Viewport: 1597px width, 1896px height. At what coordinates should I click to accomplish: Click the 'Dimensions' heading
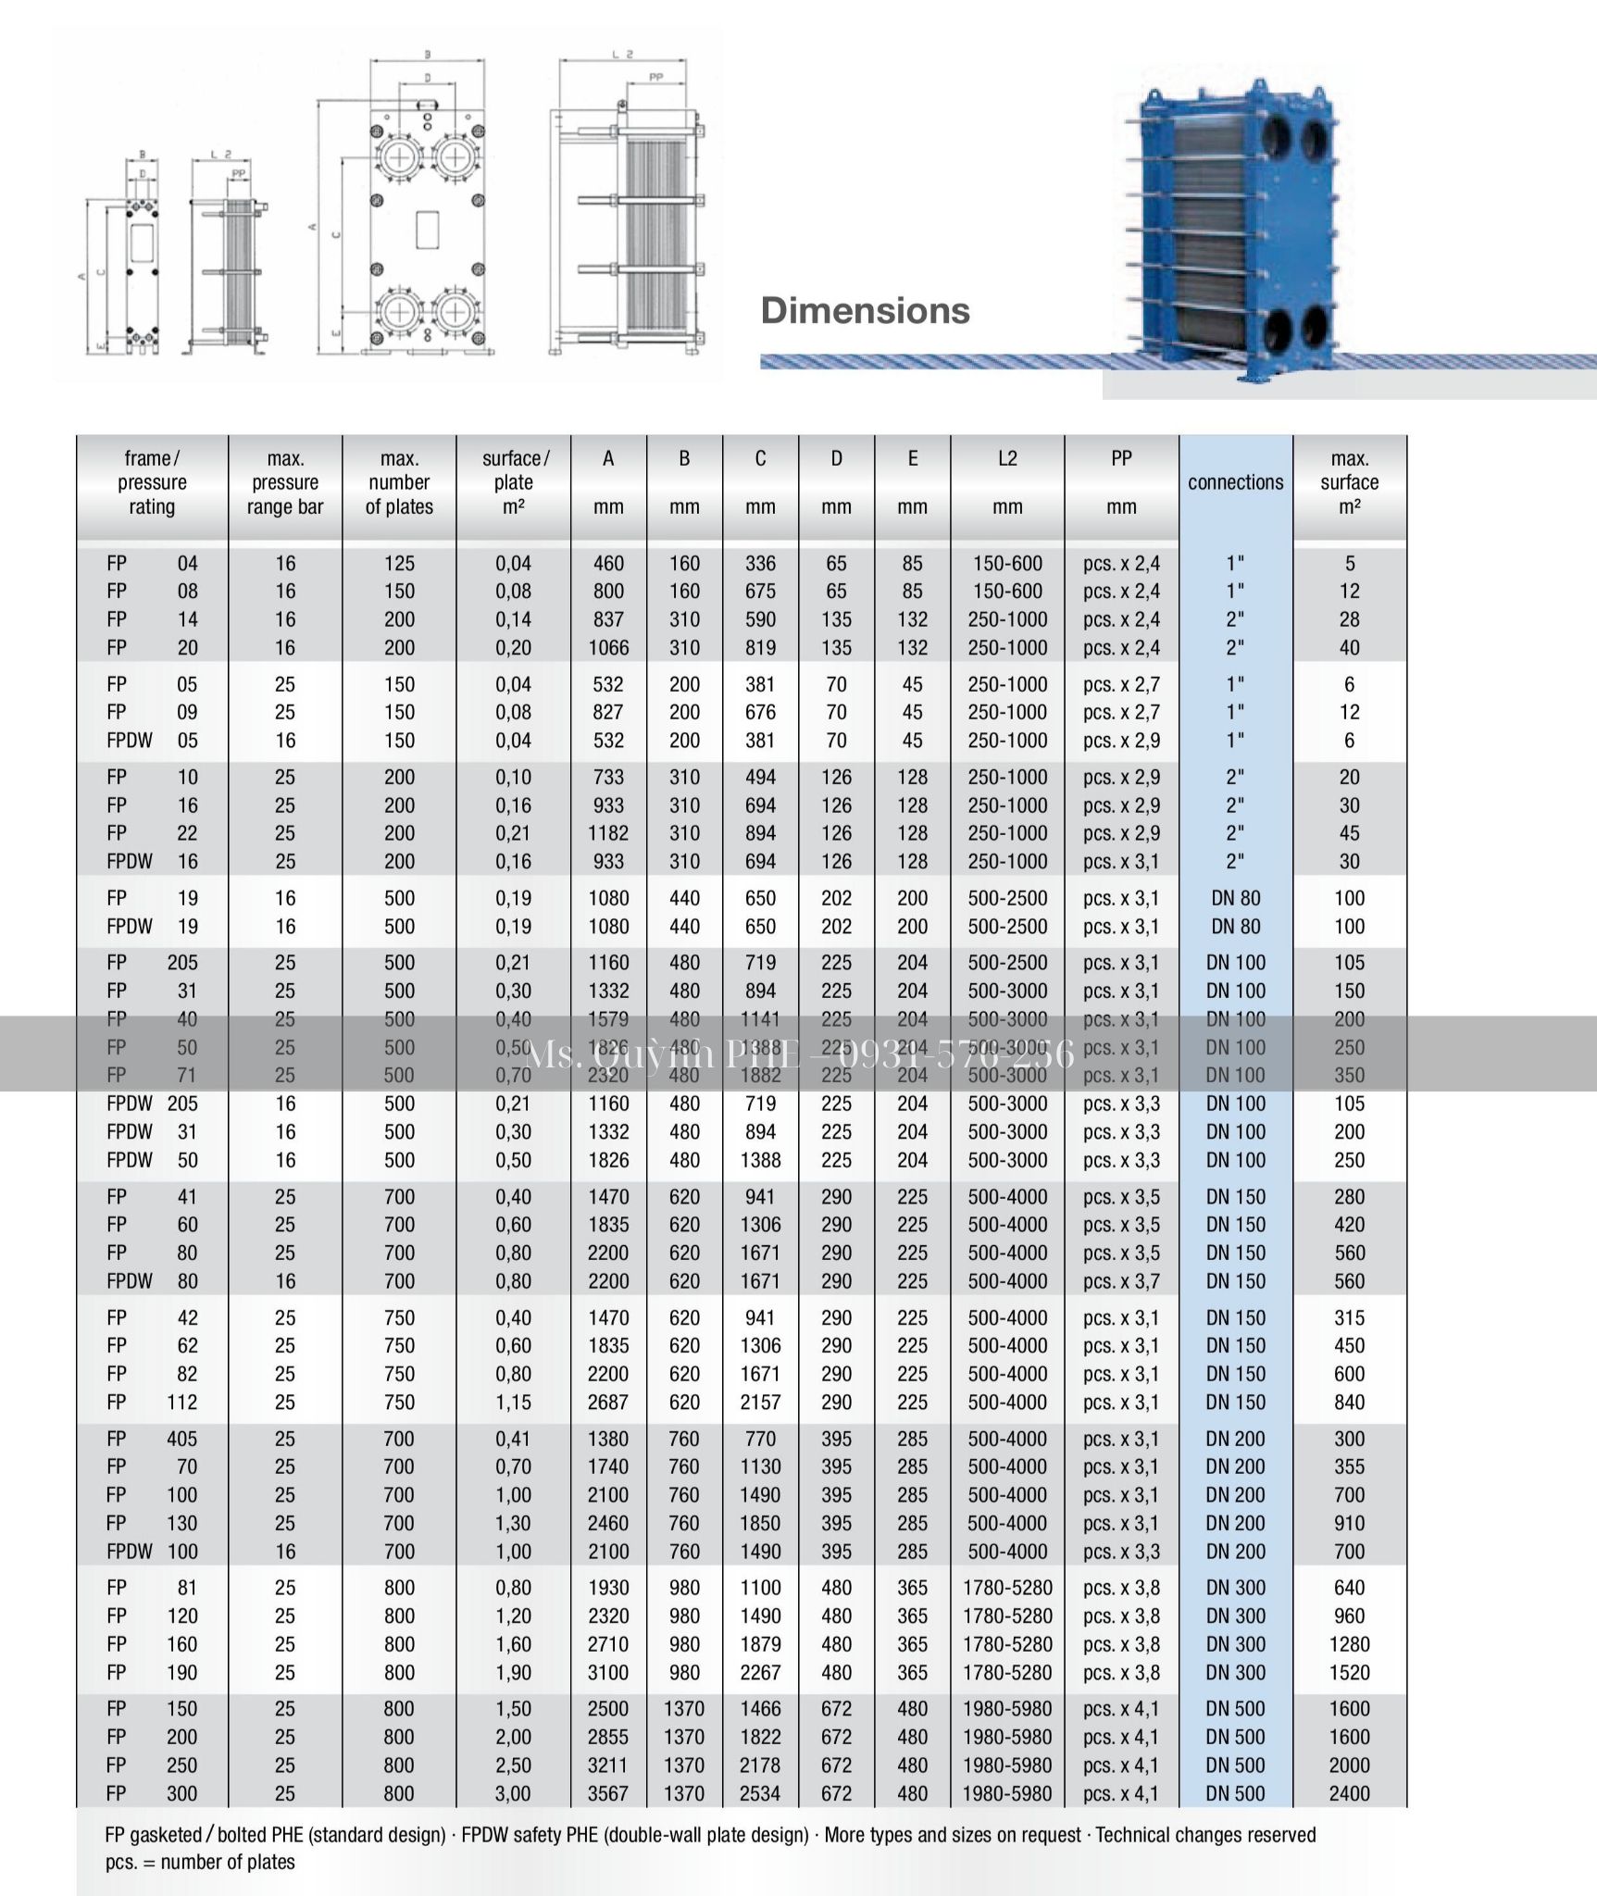[x=865, y=311]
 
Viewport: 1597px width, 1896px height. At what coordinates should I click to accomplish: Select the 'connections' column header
[x=1235, y=482]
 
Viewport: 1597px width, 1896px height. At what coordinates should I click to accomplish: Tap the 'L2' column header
[x=1007, y=458]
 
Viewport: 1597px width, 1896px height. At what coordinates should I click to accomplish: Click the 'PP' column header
[x=1121, y=458]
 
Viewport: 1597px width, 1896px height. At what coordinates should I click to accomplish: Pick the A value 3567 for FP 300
[x=608, y=1793]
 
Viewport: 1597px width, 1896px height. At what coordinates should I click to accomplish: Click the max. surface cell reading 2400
[x=1349, y=1793]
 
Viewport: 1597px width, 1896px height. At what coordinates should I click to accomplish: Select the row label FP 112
[x=152, y=1402]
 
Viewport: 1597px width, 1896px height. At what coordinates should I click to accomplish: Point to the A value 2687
[x=608, y=1402]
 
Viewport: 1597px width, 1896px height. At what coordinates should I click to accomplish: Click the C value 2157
[x=760, y=1402]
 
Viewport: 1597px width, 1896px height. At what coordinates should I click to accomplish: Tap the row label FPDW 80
[x=152, y=1281]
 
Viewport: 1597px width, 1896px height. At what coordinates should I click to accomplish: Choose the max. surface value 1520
[x=1349, y=1672]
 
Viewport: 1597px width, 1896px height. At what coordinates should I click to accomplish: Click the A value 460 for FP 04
[x=608, y=563]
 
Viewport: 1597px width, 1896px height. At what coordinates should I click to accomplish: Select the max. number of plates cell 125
[x=399, y=563]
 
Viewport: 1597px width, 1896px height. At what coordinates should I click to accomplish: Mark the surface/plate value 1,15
[x=513, y=1402]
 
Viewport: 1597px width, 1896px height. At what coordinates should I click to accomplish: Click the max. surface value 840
[x=1349, y=1402]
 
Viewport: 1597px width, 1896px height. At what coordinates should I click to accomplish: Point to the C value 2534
[x=760, y=1793]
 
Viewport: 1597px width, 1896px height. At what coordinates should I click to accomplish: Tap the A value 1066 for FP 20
[x=608, y=647]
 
